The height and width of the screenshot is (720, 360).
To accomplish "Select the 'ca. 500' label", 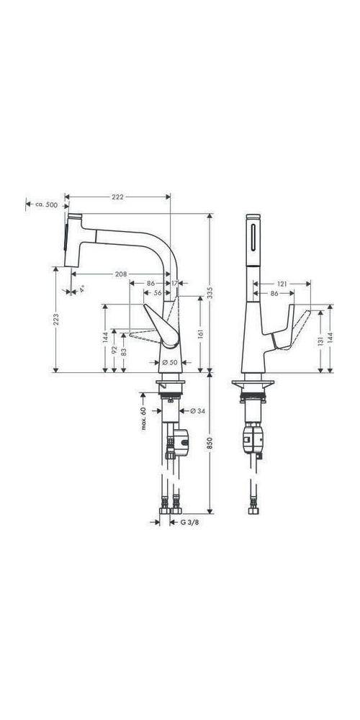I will point(46,205).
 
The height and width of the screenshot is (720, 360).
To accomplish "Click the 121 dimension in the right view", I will point(283,284).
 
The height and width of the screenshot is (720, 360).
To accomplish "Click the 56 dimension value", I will point(157,294).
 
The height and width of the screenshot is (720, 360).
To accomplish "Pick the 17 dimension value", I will point(176,284).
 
